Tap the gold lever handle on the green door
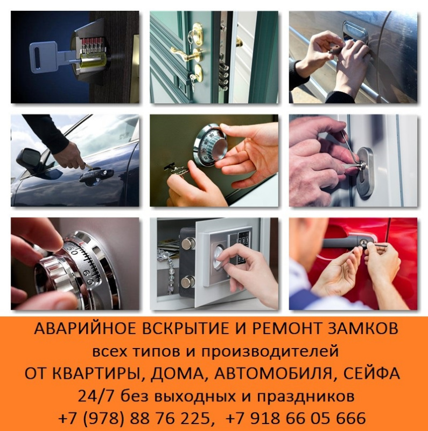(x=182, y=53)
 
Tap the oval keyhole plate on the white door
(x=366, y=171)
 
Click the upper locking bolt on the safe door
(x=188, y=244)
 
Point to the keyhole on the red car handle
(x=363, y=241)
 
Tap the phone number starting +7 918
(x=297, y=419)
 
